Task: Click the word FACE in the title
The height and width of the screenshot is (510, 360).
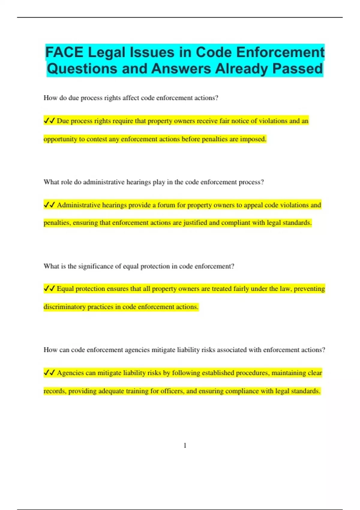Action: coord(64,52)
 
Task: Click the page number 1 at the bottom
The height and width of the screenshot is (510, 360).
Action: coord(185,445)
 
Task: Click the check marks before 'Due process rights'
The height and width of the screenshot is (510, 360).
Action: coord(49,121)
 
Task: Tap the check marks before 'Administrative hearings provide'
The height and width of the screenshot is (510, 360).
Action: coord(49,205)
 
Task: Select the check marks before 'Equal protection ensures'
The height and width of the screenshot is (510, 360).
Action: coord(49,289)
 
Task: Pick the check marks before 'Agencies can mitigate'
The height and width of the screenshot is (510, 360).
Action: coord(49,373)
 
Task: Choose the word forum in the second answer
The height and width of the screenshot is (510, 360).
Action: coord(166,205)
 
